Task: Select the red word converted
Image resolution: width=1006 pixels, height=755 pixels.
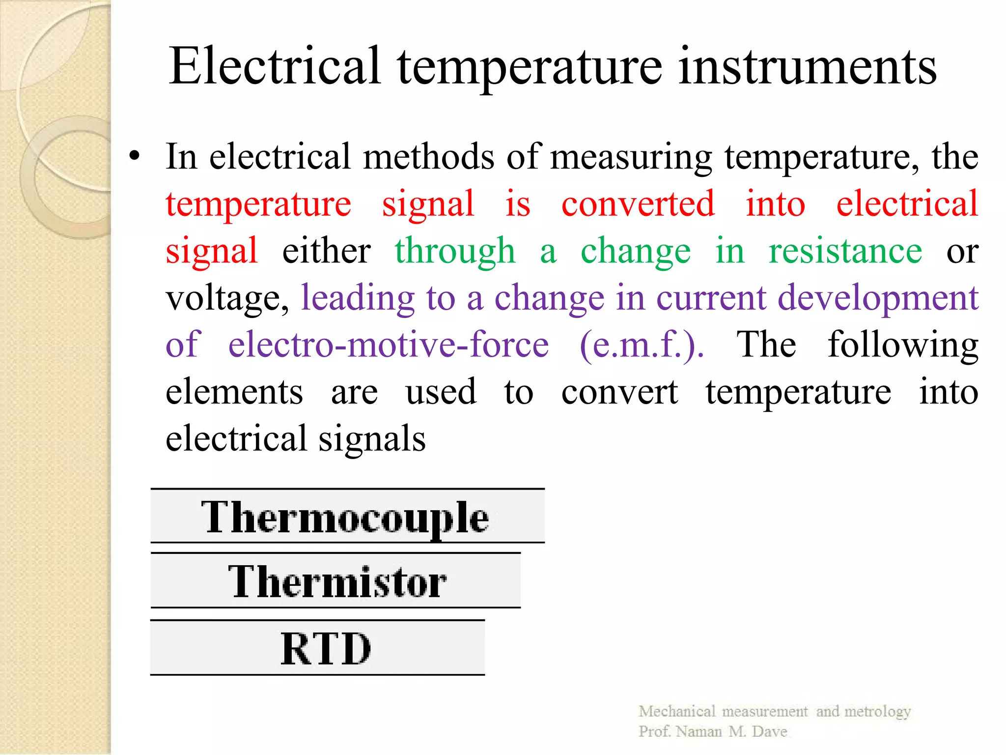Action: tap(638, 203)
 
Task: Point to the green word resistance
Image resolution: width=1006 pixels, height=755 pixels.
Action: tap(845, 251)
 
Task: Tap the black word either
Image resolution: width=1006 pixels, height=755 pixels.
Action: tap(326, 251)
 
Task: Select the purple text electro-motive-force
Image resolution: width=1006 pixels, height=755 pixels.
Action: tap(388, 345)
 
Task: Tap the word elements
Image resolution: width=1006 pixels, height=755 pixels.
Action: tap(234, 392)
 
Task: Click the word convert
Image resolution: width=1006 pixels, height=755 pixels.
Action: tap(619, 392)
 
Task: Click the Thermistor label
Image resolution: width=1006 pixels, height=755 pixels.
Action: tap(336, 581)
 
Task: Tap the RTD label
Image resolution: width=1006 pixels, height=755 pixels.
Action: tap(326, 648)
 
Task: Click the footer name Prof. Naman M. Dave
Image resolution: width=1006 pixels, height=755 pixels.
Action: tap(712, 731)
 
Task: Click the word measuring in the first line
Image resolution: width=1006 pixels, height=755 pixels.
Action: tap(631, 157)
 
